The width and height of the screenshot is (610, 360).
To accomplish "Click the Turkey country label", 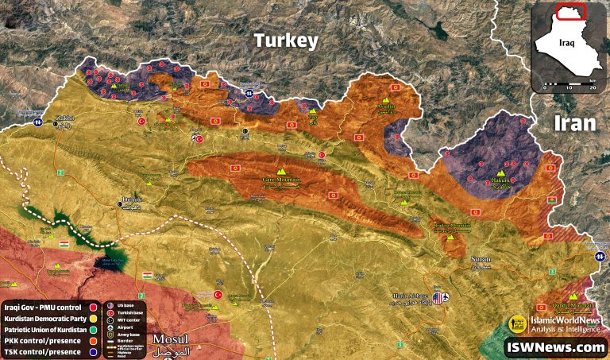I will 286,41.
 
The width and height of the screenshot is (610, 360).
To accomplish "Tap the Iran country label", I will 573,123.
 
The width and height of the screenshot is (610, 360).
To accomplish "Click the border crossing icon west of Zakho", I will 37,123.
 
